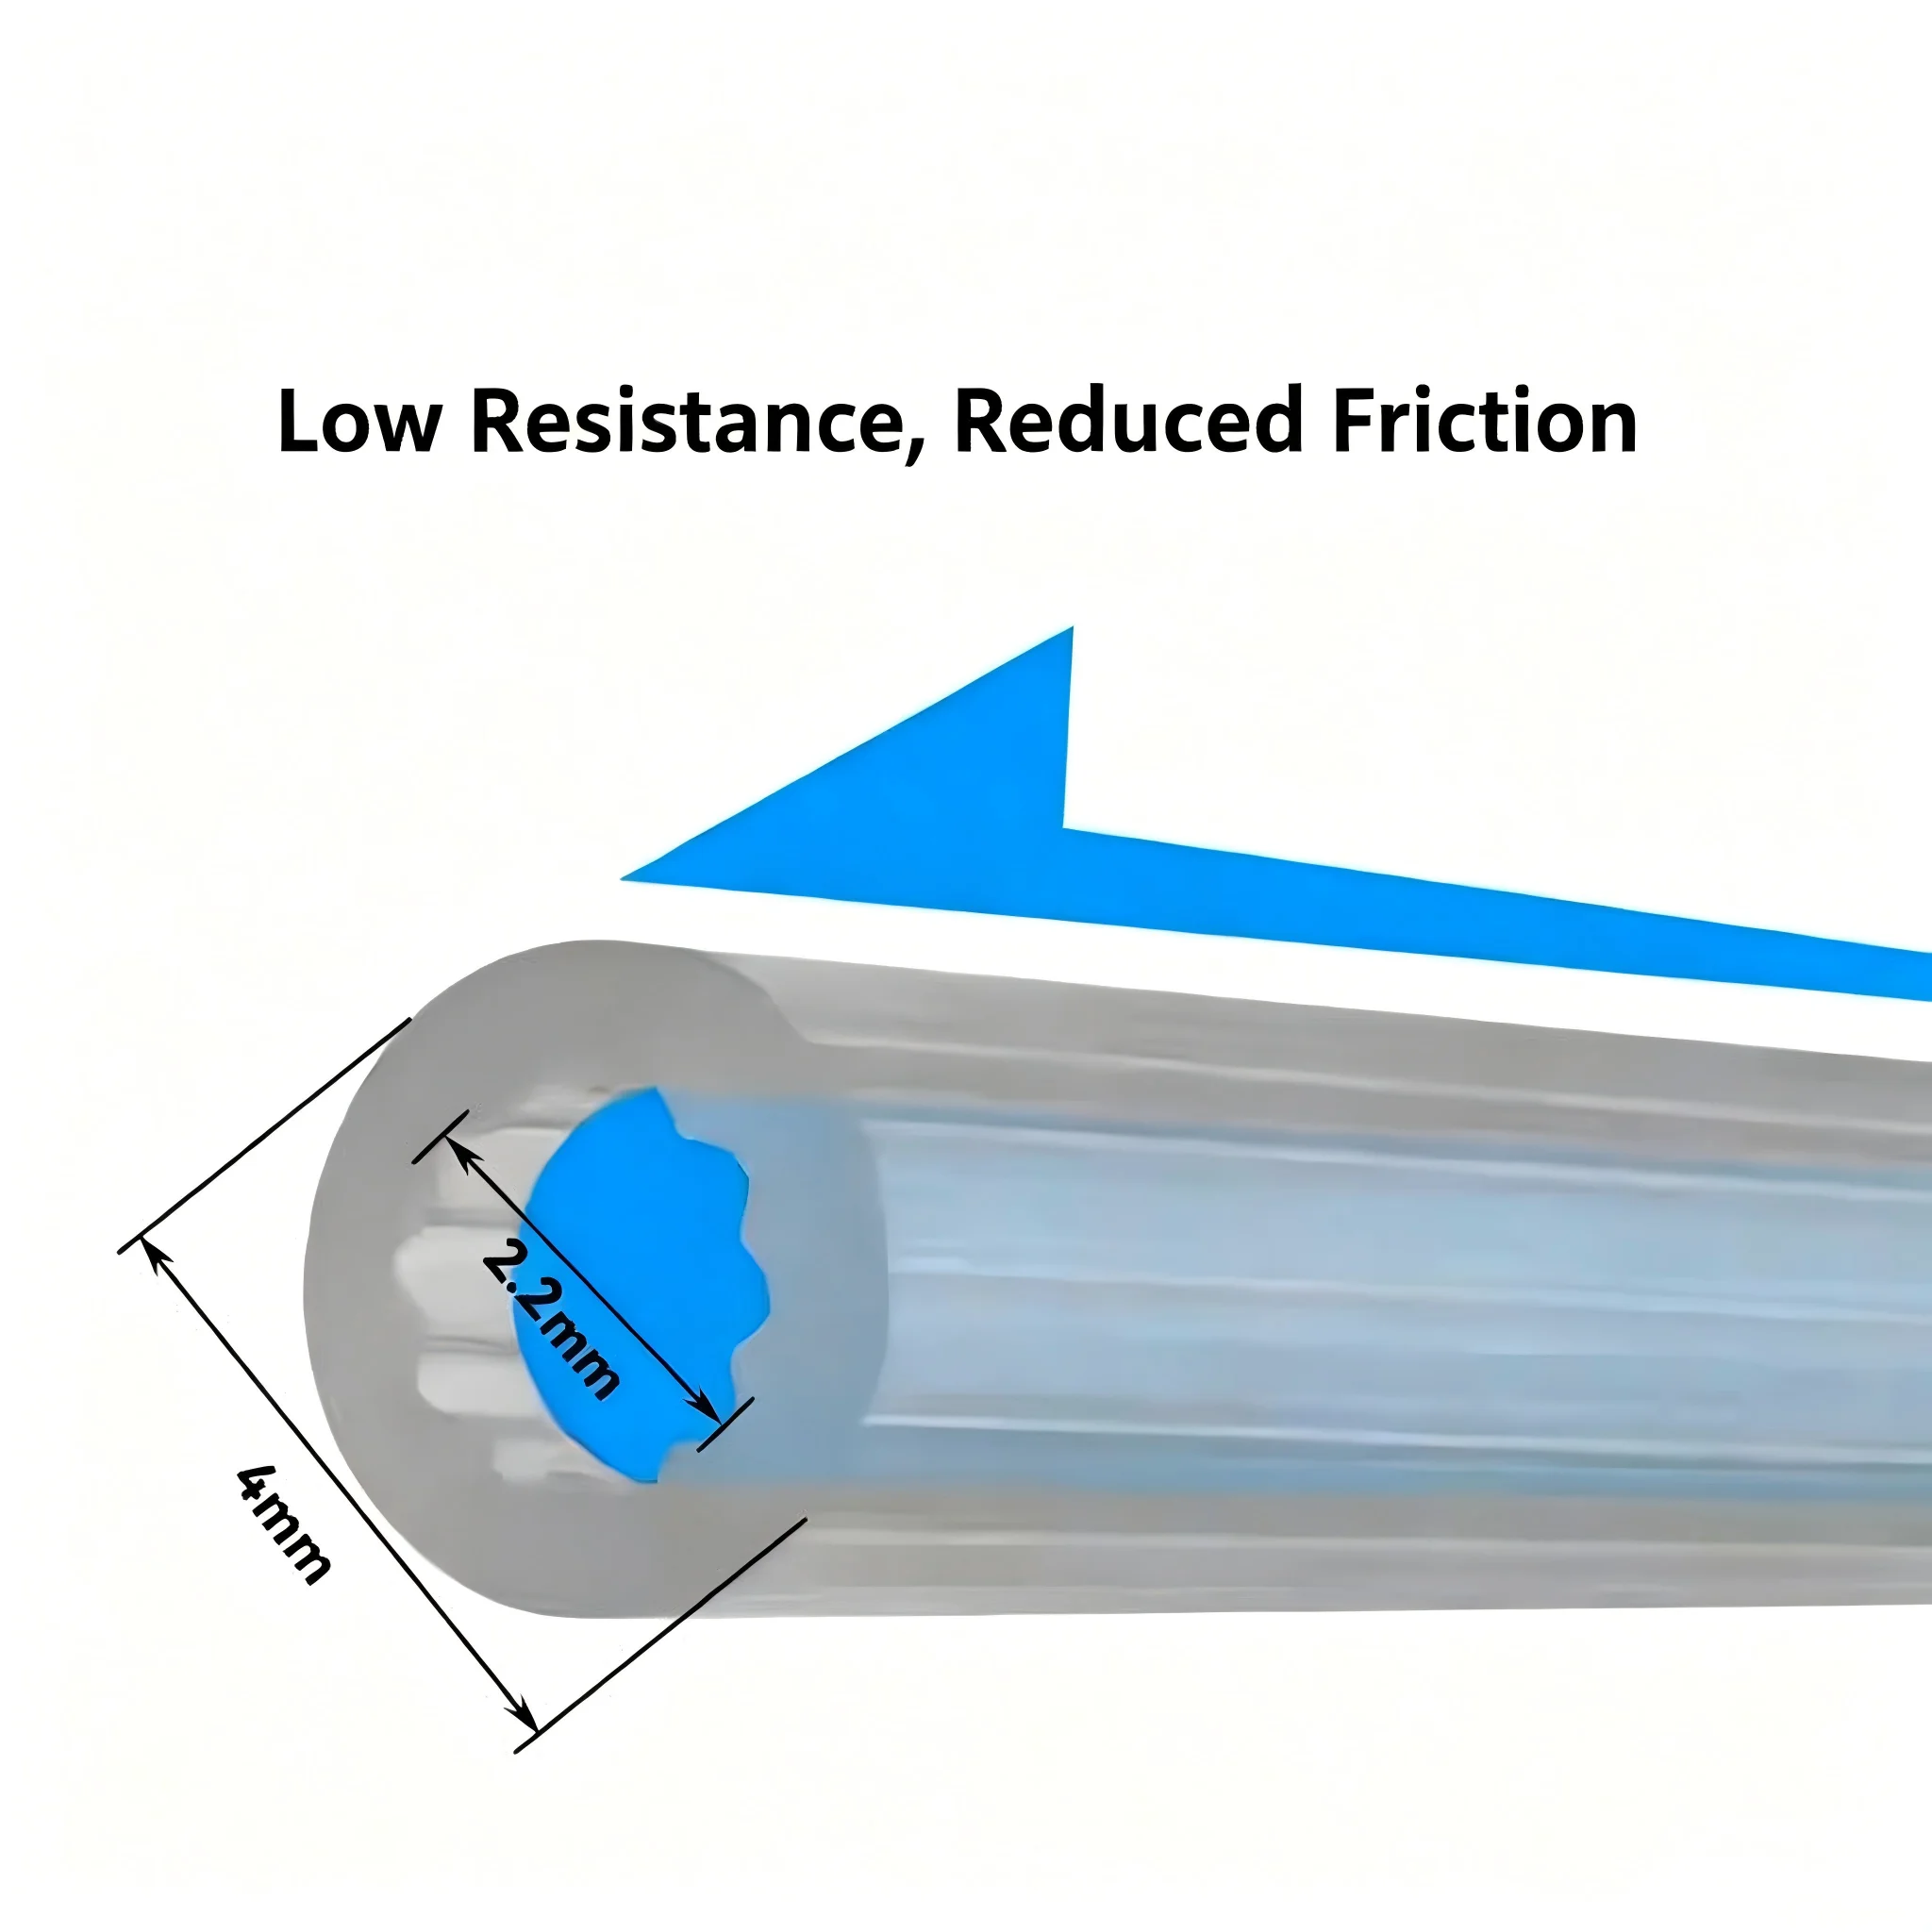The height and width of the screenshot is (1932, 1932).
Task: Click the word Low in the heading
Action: (359, 421)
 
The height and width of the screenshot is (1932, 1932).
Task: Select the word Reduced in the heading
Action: (1129, 420)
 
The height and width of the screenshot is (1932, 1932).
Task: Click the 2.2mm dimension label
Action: (549, 1318)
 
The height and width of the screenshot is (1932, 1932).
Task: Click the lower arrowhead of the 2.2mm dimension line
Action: (704, 1406)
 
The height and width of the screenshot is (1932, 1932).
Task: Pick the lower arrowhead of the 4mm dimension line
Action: (525, 1716)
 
